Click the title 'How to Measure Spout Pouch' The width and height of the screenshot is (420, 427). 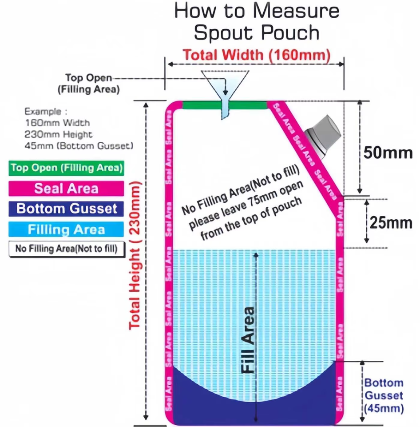coord(256,21)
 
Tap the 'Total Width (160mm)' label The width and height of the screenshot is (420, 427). coord(257,55)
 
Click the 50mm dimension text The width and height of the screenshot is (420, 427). coord(388,153)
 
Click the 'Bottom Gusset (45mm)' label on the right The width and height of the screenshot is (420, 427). coord(384,395)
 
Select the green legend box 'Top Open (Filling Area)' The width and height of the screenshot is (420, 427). coord(66,168)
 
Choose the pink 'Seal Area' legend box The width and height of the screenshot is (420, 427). coord(66,188)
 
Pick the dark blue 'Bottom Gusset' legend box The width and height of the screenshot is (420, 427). coord(66,209)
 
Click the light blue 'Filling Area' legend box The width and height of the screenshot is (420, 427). coord(66,229)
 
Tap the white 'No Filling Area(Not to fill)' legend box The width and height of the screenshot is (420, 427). coord(66,249)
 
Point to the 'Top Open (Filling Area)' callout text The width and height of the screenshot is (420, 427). coord(88,83)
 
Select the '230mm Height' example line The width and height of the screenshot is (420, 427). coord(59,134)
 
